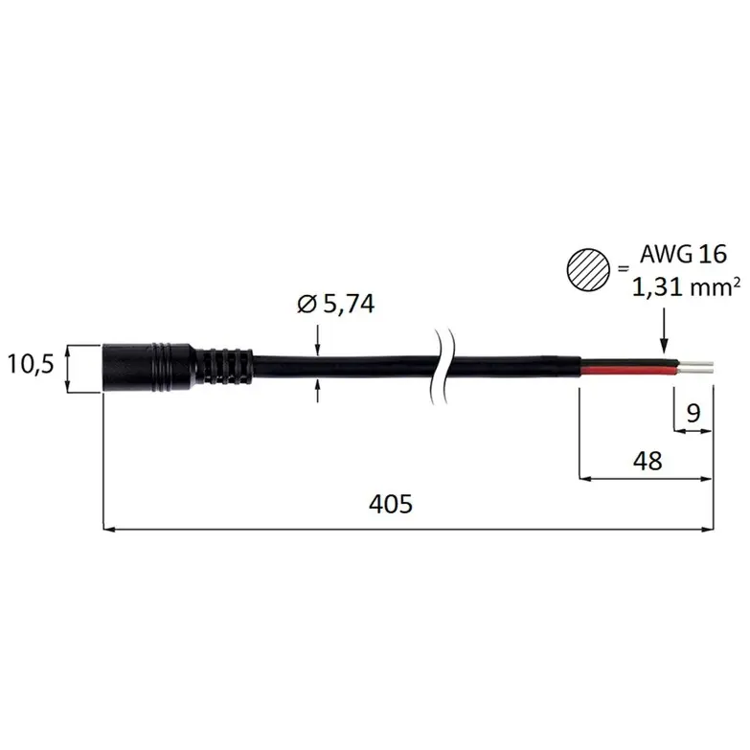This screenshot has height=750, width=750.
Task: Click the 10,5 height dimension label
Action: coord(31,365)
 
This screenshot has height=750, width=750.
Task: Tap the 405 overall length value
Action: coord(390,504)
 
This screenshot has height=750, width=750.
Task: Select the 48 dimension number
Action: coord(648,461)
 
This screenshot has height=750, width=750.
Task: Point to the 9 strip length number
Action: coord(693,412)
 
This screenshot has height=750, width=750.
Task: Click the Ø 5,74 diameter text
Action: coord(336,304)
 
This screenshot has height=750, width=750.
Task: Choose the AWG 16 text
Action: coord(684,254)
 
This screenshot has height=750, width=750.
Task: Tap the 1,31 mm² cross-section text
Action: coord(687,287)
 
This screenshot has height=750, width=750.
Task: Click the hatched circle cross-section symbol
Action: coord(588,270)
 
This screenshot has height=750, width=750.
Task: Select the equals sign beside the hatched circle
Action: coord(623,269)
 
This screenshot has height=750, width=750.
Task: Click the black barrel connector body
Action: coord(149,368)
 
